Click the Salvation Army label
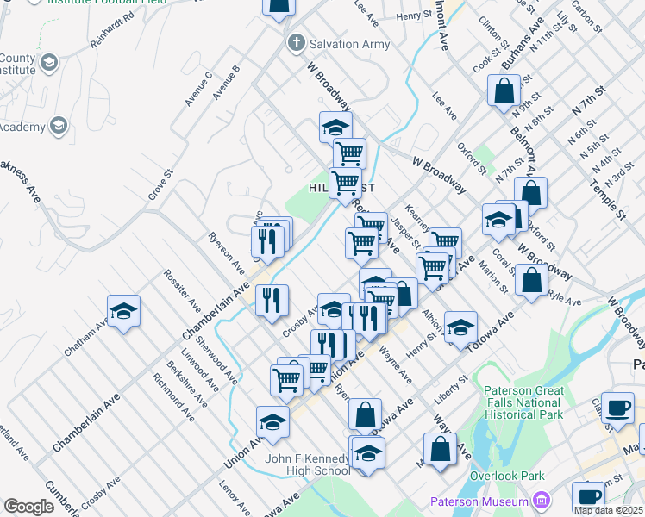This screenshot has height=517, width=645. tap(350, 43)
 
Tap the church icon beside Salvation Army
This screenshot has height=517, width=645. tap(297, 42)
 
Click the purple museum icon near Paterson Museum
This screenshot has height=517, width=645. tap(541, 499)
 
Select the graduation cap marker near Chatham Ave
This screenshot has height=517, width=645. tap(123, 310)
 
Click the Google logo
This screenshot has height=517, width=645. tap(28, 506)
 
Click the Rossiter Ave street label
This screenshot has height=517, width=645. tap(182, 293)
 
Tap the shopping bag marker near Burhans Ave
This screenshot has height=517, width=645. tap(503, 90)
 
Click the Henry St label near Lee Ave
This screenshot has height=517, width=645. tap(414, 16)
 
